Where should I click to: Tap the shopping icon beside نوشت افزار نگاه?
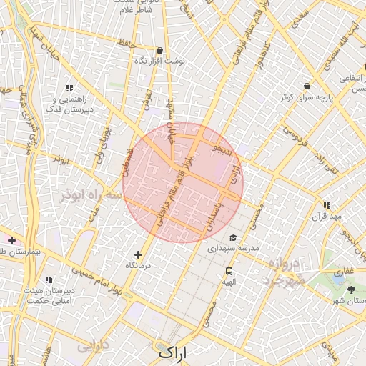[x=159, y=51]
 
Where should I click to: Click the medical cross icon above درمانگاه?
[x=138, y=254]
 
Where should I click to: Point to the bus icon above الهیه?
[x=229, y=271]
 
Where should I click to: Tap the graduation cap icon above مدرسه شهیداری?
[x=232, y=238]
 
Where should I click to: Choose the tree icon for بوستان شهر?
[x=351, y=290]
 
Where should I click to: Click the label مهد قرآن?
[x=331, y=216]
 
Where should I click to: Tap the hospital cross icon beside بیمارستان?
[x=11, y=240]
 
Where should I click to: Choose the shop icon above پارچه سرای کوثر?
[x=307, y=85]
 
